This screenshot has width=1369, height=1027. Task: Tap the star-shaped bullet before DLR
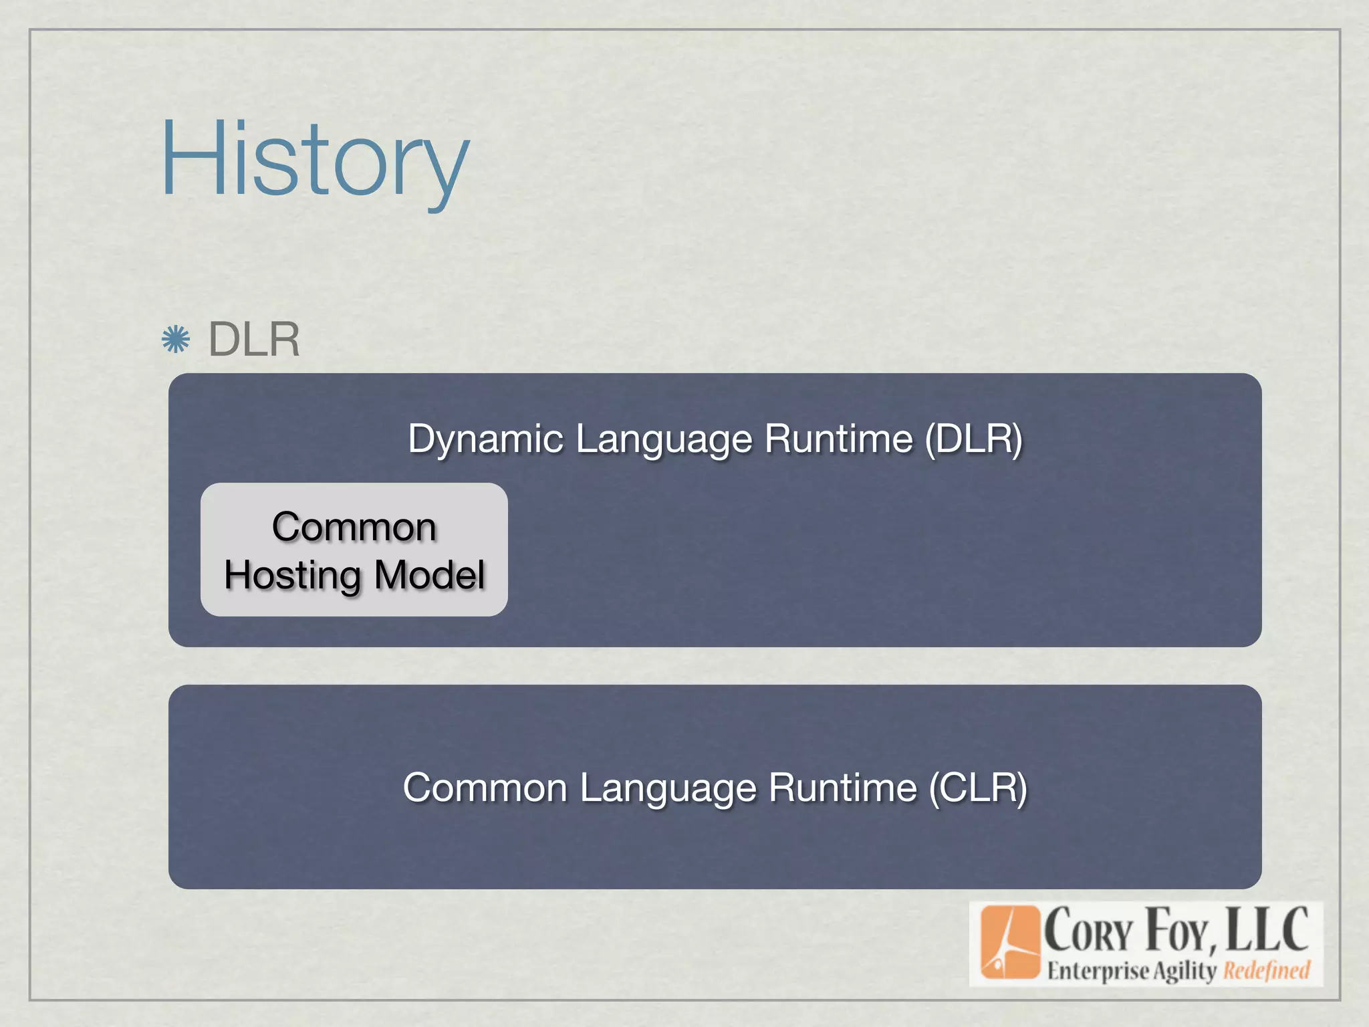point(176,340)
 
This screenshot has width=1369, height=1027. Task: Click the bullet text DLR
point(254,340)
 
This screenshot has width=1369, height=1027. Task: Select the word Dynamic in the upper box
point(486,439)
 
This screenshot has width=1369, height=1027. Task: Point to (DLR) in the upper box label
point(974,439)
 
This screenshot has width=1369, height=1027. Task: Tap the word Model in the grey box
point(429,575)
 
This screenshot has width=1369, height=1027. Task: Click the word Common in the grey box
point(354,527)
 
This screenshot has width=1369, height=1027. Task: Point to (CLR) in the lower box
point(978,788)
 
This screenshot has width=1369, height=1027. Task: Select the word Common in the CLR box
point(485,788)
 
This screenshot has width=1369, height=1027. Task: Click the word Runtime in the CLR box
point(843,788)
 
